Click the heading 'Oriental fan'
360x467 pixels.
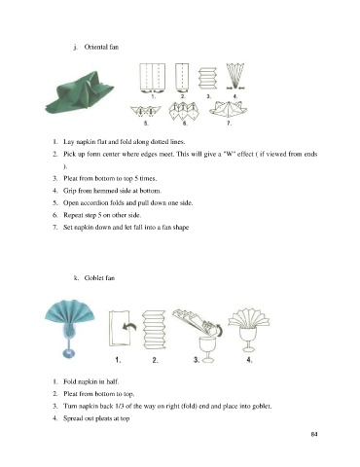click(x=101, y=47)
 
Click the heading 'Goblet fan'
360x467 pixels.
click(x=99, y=278)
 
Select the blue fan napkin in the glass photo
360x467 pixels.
click(x=70, y=329)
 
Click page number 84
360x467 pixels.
click(x=314, y=434)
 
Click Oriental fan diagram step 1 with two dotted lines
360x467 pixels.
click(x=153, y=77)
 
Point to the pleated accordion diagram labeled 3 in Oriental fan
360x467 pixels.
click(x=207, y=78)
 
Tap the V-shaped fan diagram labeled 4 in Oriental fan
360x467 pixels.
click(x=235, y=76)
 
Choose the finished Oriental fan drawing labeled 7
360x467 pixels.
click(x=229, y=109)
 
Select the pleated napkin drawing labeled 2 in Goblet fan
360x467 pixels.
click(x=155, y=330)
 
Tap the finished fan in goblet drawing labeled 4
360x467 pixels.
click(x=248, y=330)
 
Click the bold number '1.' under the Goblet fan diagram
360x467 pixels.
click(x=118, y=360)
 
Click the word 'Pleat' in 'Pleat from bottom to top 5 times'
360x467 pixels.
click(x=70, y=178)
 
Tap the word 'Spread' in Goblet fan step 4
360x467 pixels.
click(x=72, y=418)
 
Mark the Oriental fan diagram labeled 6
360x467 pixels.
click(x=184, y=111)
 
